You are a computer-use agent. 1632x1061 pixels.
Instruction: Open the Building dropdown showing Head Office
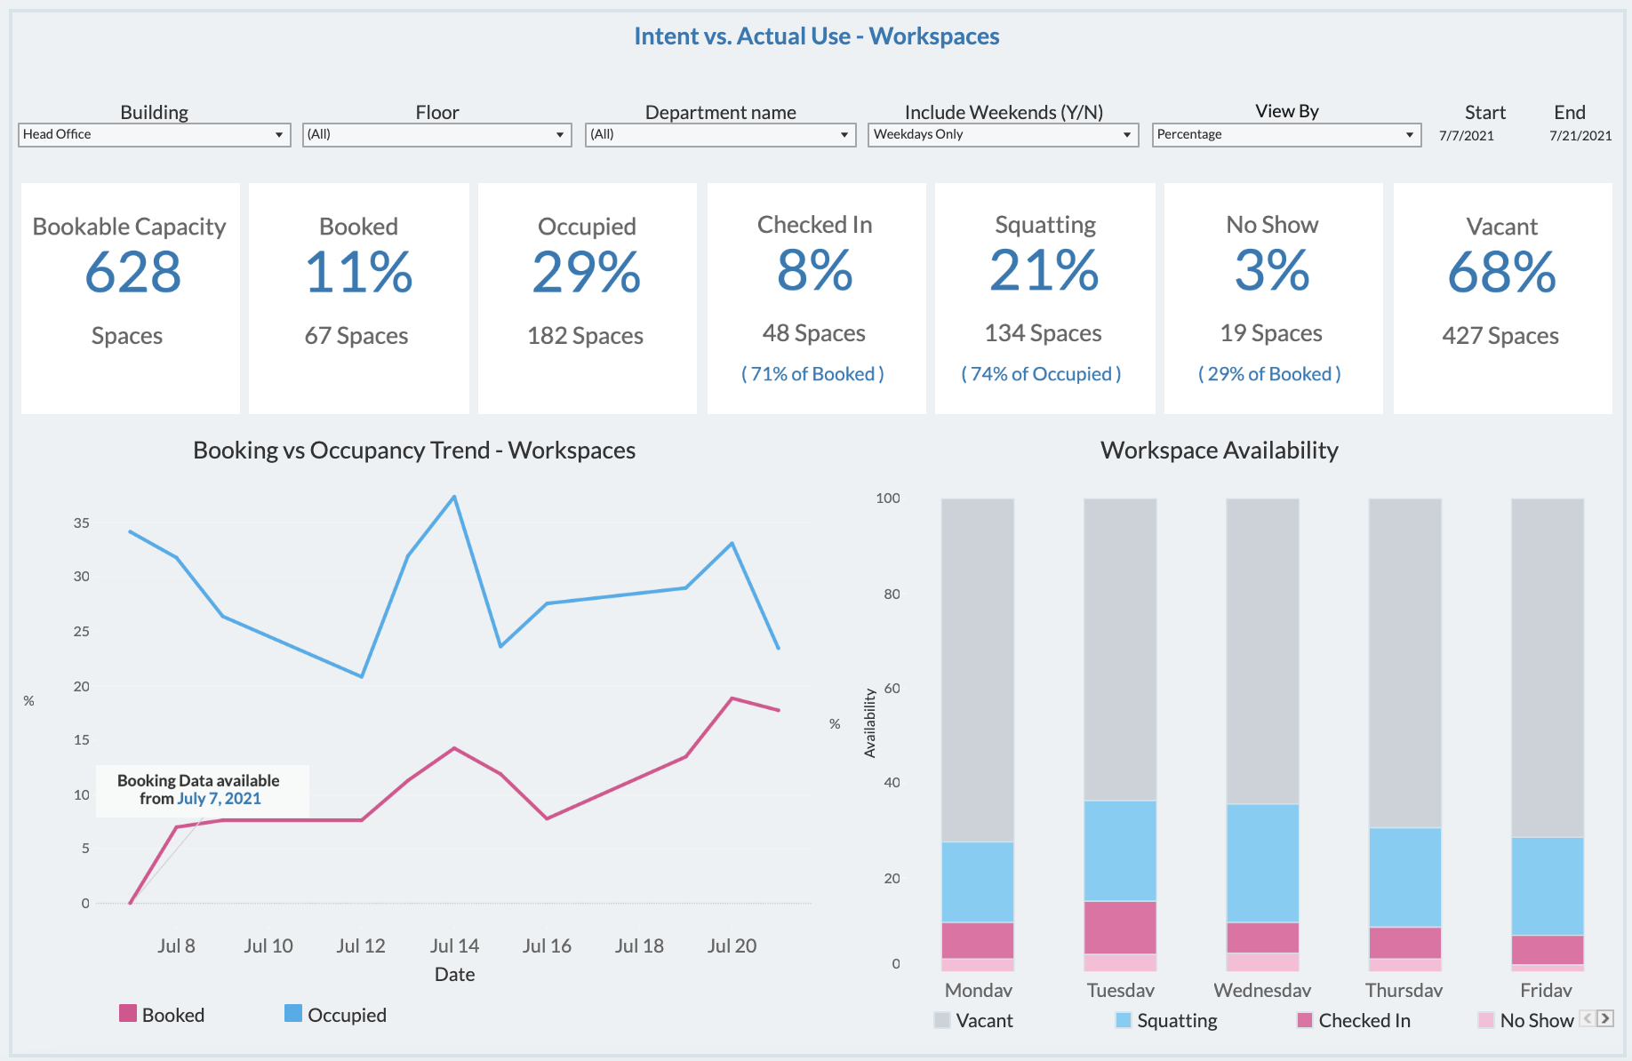click(154, 134)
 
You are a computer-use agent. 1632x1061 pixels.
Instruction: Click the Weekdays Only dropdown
click(1002, 134)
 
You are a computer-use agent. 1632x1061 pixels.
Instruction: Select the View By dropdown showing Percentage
click(1285, 134)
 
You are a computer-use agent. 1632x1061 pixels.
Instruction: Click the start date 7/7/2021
click(1467, 136)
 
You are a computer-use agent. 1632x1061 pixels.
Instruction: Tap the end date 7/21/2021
click(1580, 136)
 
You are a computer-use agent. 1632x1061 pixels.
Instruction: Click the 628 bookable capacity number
click(132, 272)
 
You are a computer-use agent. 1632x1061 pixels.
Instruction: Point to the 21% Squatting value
click(1044, 270)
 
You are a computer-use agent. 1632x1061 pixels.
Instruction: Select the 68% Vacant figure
click(1501, 272)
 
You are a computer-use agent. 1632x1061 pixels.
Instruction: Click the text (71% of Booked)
click(812, 374)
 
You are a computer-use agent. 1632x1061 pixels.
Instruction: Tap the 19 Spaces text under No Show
click(1271, 333)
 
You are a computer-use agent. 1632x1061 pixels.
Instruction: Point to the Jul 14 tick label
click(454, 945)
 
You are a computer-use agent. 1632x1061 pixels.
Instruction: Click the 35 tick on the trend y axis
click(82, 523)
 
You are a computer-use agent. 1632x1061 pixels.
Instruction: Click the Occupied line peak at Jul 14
click(454, 497)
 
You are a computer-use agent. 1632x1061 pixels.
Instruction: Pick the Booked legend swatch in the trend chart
click(128, 1014)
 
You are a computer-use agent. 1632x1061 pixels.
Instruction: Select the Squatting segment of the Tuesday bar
click(1120, 850)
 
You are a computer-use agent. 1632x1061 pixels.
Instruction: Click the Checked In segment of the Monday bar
click(978, 940)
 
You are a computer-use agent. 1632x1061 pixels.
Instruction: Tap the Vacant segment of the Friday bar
click(1548, 666)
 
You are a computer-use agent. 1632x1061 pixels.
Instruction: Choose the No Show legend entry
click(1525, 1020)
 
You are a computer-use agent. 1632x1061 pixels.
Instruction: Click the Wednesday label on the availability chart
click(1262, 990)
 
